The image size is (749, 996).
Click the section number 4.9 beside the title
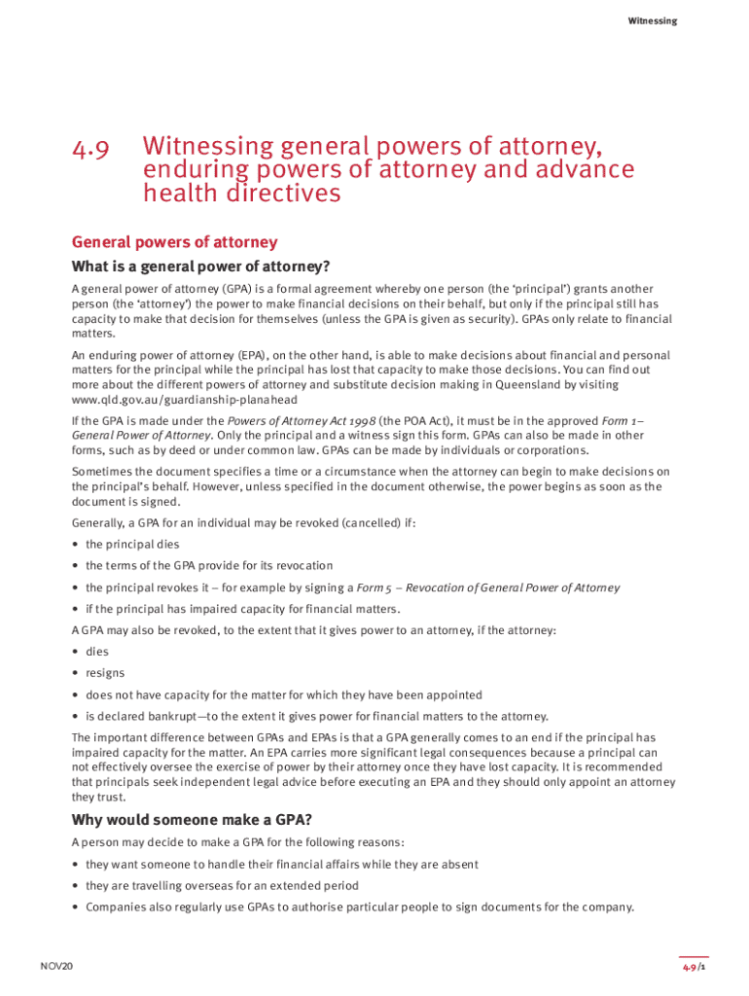[x=89, y=149]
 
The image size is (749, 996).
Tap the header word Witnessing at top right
[x=652, y=20]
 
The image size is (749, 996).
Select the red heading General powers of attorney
[x=175, y=242]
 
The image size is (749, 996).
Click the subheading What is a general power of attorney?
[x=201, y=267]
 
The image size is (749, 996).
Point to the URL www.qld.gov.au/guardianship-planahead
[x=185, y=399]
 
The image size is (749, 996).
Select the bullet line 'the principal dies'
[x=132, y=545]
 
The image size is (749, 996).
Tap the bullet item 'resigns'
[x=105, y=673]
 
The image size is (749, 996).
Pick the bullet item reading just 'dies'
[x=97, y=652]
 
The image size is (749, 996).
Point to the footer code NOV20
[x=56, y=966]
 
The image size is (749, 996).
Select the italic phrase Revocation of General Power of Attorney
[x=512, y=587]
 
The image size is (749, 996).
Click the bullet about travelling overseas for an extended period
[x=222, y=886]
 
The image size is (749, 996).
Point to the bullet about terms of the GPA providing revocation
[x=209, y=566]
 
